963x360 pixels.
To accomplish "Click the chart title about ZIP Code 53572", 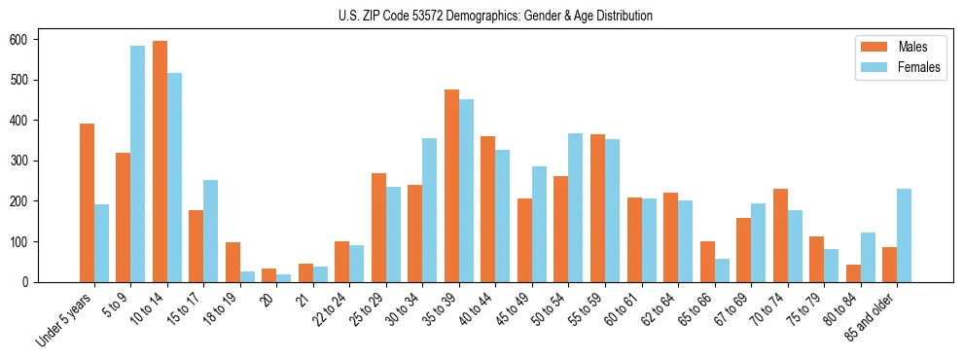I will coord(481,16).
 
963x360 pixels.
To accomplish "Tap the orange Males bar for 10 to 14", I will coord(160,162).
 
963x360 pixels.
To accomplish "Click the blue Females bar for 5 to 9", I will coord(138,163).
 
